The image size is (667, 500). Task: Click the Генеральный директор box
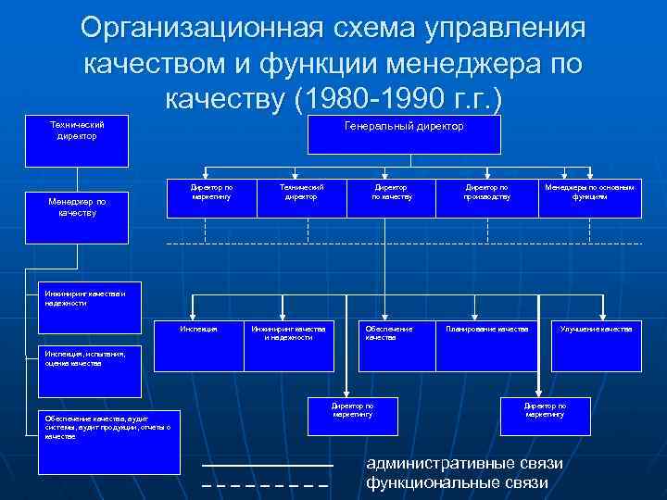pos(403,134)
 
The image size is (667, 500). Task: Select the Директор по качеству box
pos(391,198)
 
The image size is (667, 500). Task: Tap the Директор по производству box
pos(486,198)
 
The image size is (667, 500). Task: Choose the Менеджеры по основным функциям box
pos(589,198)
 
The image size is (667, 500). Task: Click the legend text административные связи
pos(464,463)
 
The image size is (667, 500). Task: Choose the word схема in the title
pos(371,29)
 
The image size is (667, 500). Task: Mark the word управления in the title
pos(505,29)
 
